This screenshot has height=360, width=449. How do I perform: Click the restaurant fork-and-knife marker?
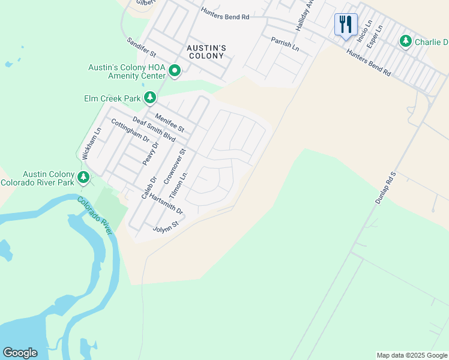pos(346,25)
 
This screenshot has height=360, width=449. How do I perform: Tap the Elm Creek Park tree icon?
pos(149,97)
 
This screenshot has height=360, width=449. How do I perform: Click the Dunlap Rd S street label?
pos(387,188)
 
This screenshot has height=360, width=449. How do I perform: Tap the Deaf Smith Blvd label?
pos(154,130)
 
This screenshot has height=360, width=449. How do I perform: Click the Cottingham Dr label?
pos(130,130)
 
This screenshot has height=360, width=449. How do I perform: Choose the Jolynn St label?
pos(166,227)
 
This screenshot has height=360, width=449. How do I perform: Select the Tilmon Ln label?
pos(179,186)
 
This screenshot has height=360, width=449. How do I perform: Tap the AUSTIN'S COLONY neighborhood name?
pos(205,52)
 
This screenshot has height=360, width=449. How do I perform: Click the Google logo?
pos(20,353)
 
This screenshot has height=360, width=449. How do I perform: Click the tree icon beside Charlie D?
pos(406,41)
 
